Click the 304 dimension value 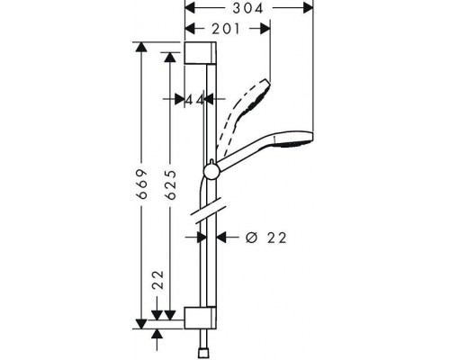(x=247, y=8)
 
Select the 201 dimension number (x=226, y=29)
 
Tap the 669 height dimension (x=142, y=184)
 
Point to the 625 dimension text (x=171, y=184)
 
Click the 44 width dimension (x=195, y=99)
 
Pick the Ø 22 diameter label (x=265, y=238)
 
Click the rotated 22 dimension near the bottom (x=158, y=280)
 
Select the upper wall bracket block (x=200, y=53)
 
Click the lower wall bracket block (x=200, y=318)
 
